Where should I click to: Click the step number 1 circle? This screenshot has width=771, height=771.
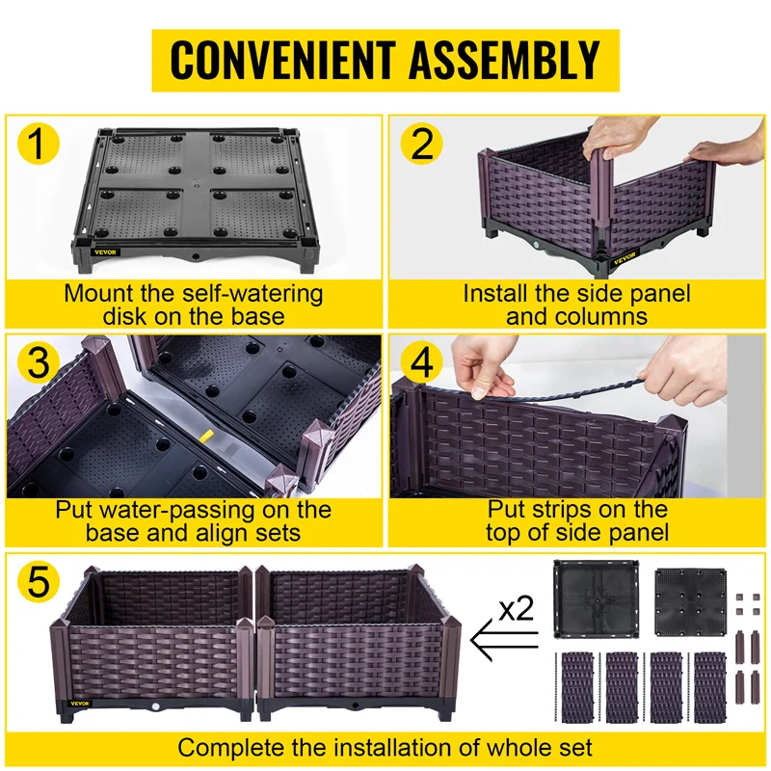[x=36, y=146]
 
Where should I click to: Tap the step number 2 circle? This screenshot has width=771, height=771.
[x=421, y=145]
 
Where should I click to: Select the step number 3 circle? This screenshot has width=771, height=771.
[x=36, y=363]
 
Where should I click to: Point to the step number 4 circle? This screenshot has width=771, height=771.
[x=421, y=364]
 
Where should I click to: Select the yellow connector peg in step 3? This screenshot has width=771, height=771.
[x=204, y=436]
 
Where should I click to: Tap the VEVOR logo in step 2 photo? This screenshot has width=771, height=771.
[x=625, y=256]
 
